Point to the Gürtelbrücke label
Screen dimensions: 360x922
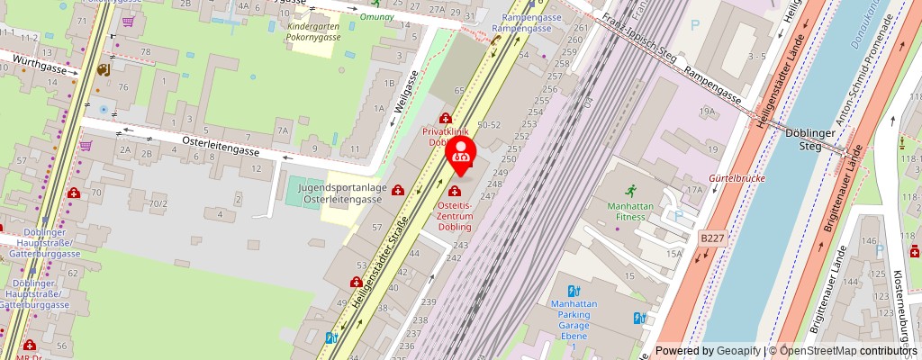pos(737,179)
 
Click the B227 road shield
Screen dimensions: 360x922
pos(711,238)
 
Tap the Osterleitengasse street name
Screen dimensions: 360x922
pos(221,147)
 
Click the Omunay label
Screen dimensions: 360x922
pos(375,16)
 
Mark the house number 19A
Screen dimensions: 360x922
pos(708,112)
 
